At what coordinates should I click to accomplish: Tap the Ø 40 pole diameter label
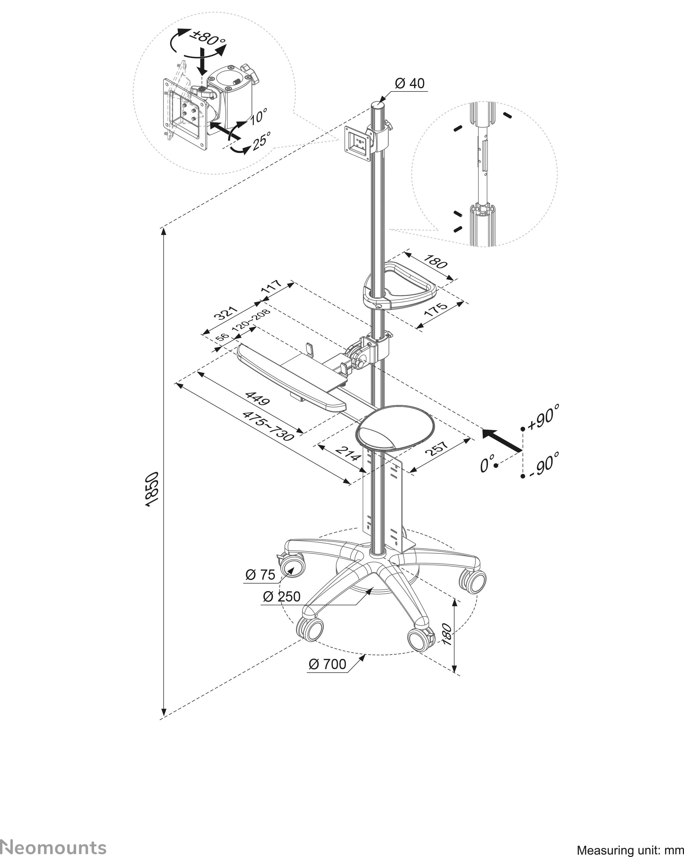410,84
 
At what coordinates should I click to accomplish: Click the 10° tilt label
258,116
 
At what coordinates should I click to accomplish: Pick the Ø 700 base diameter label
327,664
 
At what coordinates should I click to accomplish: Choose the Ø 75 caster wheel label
260,574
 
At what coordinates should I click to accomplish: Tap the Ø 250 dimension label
281,596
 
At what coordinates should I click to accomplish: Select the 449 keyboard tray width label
258,399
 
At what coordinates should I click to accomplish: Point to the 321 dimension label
225,313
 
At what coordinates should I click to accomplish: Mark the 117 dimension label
272,286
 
